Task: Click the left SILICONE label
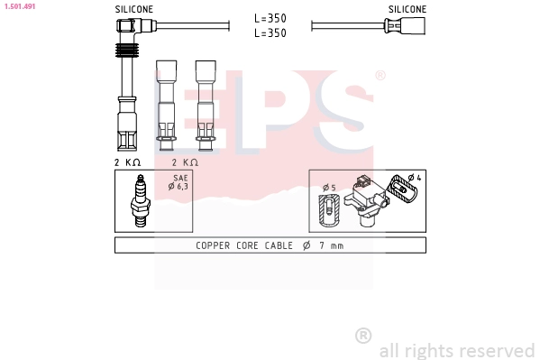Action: point(133,9)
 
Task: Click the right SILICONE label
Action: point(407,9)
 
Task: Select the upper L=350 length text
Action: point(270,18)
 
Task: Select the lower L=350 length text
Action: point(270,32)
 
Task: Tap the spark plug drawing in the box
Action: point(140,200)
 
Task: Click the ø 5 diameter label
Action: point(328,188)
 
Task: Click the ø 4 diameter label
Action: point(416,177)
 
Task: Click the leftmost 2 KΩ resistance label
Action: point(127,162)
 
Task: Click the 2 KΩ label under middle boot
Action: point(185,162)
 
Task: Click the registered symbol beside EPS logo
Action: point(380,76)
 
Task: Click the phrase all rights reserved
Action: point(456,349)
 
